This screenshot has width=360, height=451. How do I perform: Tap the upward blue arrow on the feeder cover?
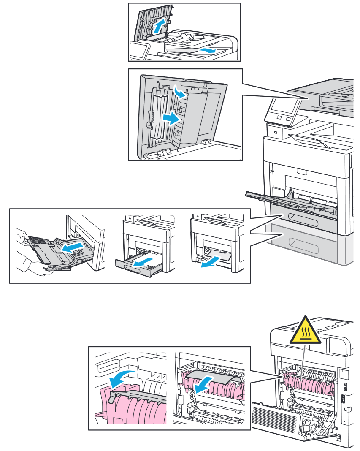tap(157, 27)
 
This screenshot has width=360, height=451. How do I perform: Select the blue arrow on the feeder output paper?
tap(208, 50)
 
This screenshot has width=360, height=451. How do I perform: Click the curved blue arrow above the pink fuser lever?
tap(122, 378)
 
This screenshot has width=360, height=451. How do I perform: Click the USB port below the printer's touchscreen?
tap(275, 133)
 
